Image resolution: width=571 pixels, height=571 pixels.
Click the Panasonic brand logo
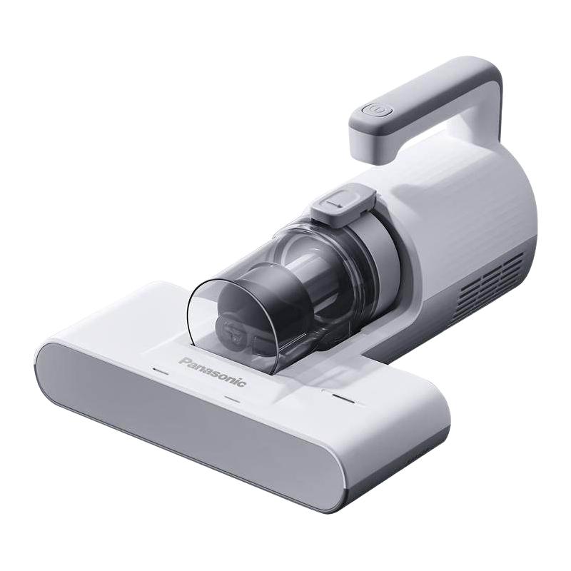[213, 372]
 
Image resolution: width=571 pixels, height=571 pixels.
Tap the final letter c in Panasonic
[243, 383]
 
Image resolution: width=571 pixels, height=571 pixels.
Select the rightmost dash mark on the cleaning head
[343, 398]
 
